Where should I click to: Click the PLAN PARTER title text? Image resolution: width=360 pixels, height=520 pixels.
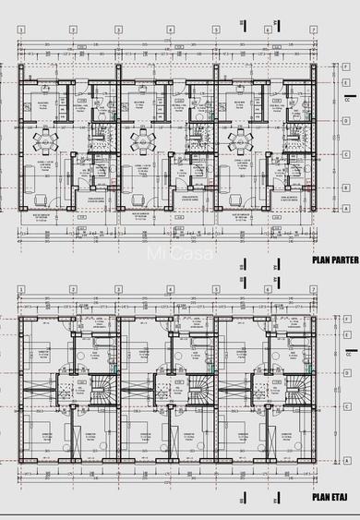(333, 260)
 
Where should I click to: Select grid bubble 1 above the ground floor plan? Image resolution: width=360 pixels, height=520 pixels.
(21, 30)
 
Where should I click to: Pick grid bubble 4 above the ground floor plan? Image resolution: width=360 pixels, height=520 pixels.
(170, 30)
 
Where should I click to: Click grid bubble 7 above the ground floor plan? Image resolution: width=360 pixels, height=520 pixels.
(314, 30)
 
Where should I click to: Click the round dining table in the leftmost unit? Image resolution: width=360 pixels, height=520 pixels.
(44, 141)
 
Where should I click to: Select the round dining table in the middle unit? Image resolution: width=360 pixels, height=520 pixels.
(140, 141)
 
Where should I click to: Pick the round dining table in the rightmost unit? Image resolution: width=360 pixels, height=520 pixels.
(237, 141)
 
